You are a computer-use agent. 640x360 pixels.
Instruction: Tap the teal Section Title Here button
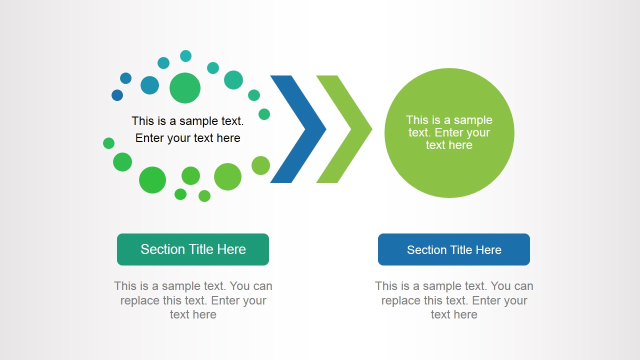193,249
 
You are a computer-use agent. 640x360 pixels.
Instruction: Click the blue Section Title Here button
453,249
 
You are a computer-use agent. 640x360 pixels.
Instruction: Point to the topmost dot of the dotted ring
185,55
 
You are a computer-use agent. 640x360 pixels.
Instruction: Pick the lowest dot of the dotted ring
204,196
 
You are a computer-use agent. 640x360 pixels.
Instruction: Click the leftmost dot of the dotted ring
108,143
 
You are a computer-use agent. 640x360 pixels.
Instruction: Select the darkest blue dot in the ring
117,95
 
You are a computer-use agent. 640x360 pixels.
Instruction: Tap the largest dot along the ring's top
185,88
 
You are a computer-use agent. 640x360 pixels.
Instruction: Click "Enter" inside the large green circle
448,132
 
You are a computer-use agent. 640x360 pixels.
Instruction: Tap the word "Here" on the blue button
488,250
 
